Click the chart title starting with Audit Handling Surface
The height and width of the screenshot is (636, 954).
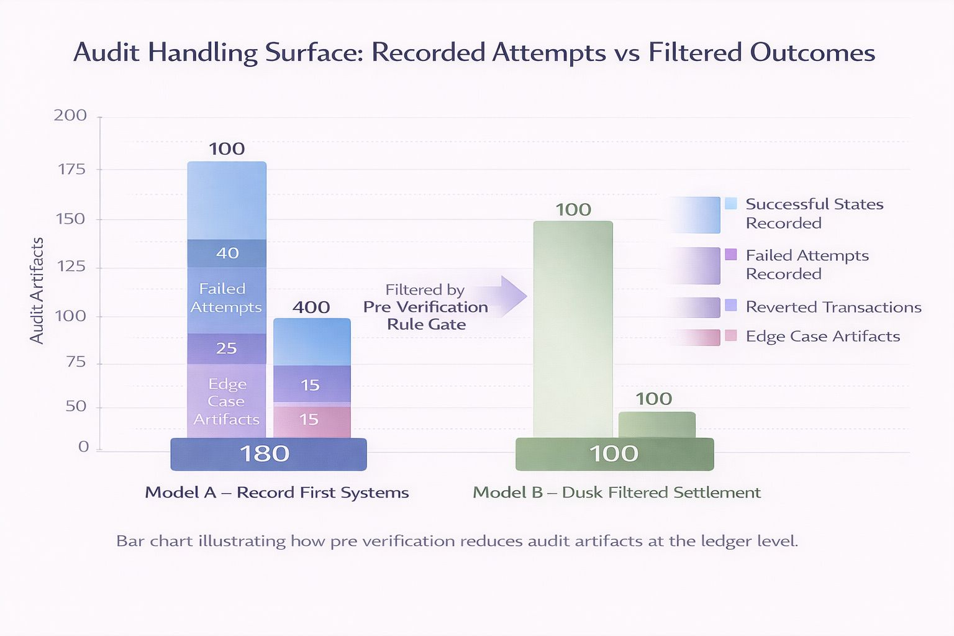click(x=474, y=52)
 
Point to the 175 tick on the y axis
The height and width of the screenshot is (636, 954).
click(x=71, y=169)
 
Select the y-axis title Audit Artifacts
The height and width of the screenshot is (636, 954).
click(x=37, y=291)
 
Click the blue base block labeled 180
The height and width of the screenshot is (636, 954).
click(x=268, y=454)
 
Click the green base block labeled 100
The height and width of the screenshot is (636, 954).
click(x=614, y=454)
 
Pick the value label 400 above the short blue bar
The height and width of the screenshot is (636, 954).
click(x=311, y=307)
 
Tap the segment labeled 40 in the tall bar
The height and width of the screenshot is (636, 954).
click(x=227, y=253)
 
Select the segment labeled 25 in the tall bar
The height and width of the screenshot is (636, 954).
click(x=227, y=348)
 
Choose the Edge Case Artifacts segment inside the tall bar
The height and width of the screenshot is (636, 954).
click(x=227, y=401)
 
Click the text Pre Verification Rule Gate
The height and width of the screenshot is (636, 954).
click(x=426, y=316)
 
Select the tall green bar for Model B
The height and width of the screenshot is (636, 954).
click(x=573, y=329)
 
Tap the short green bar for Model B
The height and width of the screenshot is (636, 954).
click(x=656, y=425)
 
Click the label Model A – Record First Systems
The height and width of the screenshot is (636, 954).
click(x=277, y=493)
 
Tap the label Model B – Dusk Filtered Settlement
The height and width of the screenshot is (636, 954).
click(x=617, y=493)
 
